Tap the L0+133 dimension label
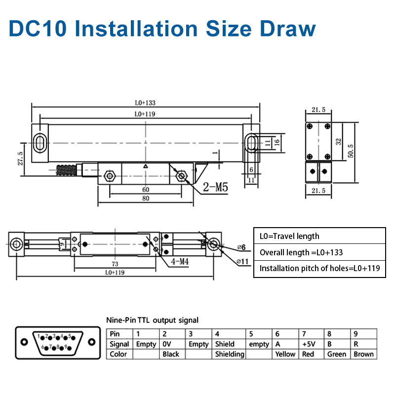(145, 103)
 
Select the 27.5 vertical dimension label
(20, 159)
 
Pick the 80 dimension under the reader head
(145, 198)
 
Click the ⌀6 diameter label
(241, 246)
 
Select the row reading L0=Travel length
(289, 236)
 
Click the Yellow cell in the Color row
(285, 354)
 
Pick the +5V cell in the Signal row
(308, 344)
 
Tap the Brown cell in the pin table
(363, 354)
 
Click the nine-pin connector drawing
(55, 343)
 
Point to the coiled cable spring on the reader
(67, 170)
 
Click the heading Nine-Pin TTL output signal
(153, 320)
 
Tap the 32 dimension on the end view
(338, 141)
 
